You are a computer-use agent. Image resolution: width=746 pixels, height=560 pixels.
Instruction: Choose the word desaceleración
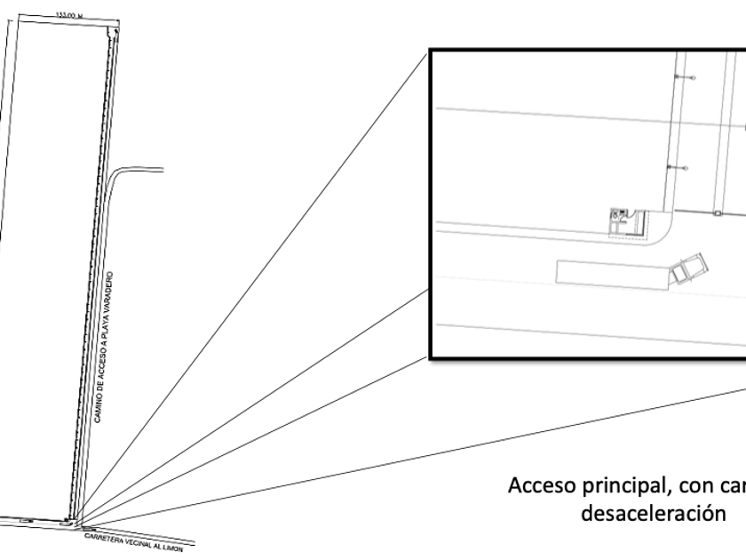coord(628,513)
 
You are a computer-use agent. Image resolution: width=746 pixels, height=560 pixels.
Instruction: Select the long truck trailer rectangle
coord(613,272)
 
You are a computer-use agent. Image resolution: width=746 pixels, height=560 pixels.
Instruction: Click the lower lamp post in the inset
coord(679,166)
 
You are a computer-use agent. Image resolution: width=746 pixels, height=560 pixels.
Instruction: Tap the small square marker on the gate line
coord(715,213)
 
